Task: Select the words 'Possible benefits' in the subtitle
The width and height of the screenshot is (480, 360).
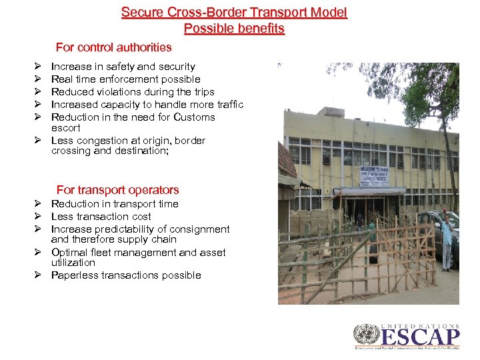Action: click(234, 29)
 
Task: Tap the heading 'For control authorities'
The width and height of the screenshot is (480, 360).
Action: click(113, 47)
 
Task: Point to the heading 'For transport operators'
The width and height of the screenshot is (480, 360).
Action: click(117, 190)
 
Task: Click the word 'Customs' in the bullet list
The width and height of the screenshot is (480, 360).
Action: click(194, 117)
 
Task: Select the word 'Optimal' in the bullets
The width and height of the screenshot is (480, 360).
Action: click(70, 253)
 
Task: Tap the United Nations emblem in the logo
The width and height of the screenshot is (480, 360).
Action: click(365, 335)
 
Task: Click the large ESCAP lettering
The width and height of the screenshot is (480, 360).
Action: click(420, 337)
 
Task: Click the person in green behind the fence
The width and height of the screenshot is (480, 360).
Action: click(372, 240)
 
